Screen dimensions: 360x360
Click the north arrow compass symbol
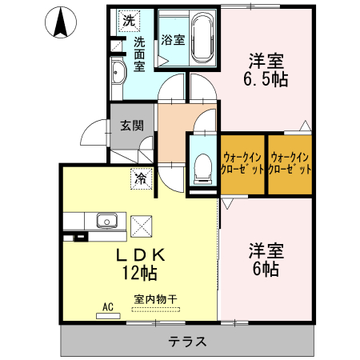[60, 24]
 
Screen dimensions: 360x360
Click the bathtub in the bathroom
[202, 38]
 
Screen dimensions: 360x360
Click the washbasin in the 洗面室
[118, 73]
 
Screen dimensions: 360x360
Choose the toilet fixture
[202, 170]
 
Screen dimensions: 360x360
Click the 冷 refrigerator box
[140, 178]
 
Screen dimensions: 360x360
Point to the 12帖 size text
[141, 273]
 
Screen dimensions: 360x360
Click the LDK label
[141, 255]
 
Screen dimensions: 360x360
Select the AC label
[108, 306]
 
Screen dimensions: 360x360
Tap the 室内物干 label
[155, 299]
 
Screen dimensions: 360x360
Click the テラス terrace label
[188, 342]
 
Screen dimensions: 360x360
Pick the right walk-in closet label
[289, 164]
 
